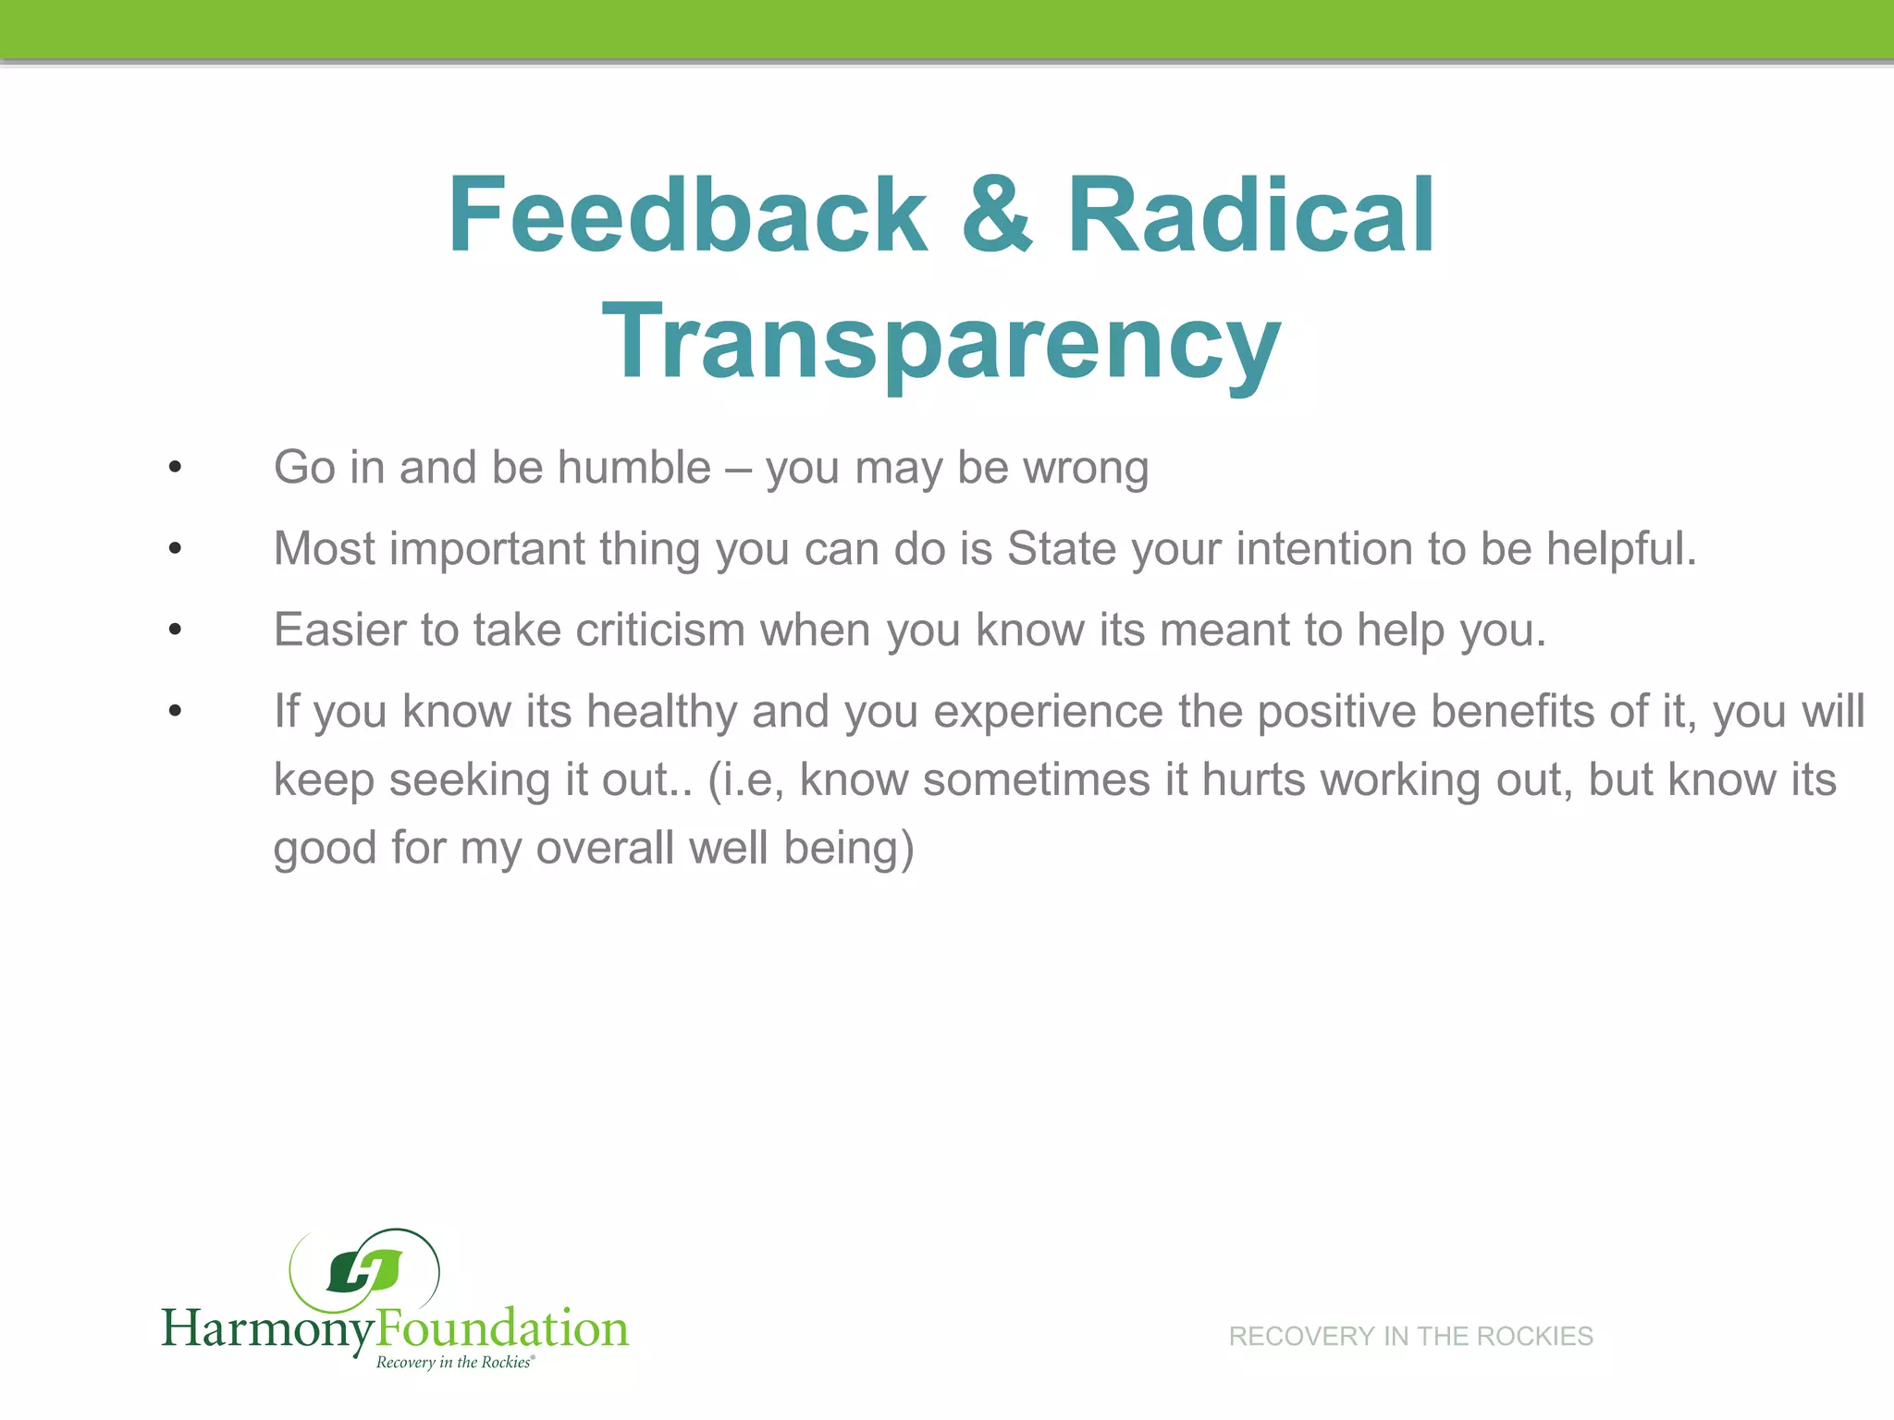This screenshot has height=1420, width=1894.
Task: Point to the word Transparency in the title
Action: coord(941,342)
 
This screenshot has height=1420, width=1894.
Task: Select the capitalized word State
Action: coord(1062,548)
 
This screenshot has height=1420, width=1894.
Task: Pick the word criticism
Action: coord(660,630)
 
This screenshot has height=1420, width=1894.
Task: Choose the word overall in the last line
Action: coord(605,848)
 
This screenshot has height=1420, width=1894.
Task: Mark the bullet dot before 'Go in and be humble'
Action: coord(176,467)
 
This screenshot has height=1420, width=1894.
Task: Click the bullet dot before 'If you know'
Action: coord(176,711)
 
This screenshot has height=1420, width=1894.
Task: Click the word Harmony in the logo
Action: coord(268,1329)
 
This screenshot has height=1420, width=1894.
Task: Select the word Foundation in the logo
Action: coord(502,1328)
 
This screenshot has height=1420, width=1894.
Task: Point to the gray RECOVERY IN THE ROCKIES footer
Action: coord(1410,1336)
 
